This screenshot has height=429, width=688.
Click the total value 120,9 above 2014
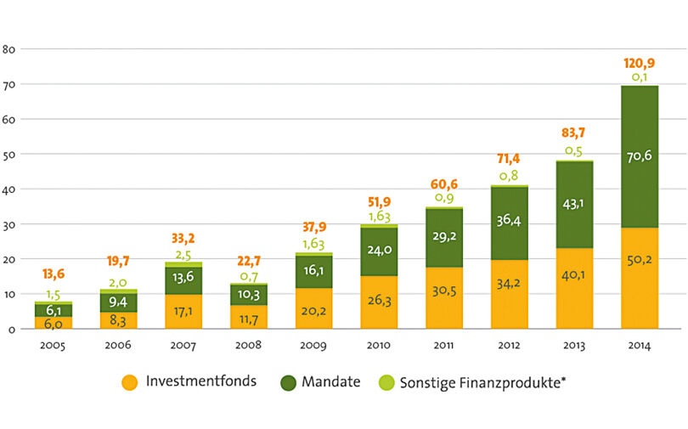(640, 63)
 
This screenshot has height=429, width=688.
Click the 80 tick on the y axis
(11, 48)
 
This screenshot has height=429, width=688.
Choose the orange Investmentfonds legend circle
(129, 383)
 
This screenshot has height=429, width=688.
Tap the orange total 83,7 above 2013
(574, 133)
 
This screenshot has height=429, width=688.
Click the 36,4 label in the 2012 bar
(509, 220)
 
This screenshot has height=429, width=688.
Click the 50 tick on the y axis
(11, 155)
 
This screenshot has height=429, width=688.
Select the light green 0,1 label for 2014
(640, 77)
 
